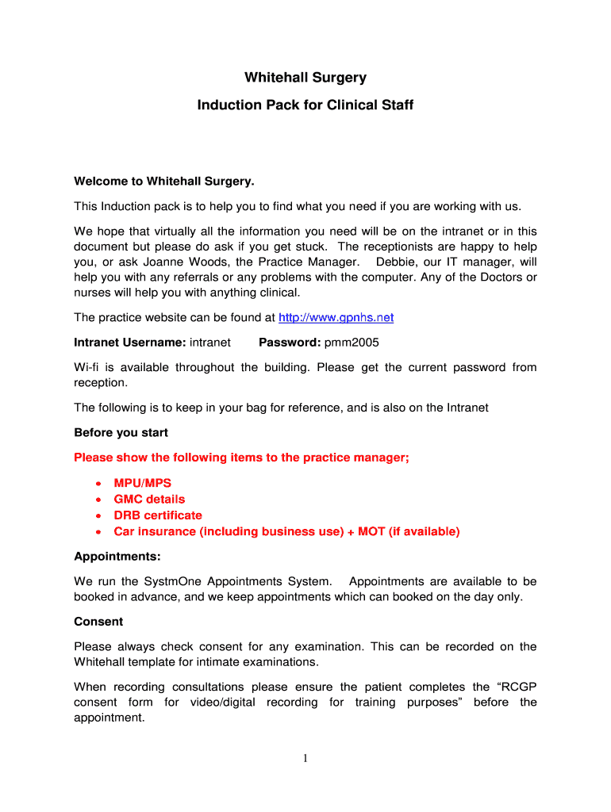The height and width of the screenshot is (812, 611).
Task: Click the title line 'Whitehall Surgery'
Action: coord(305,78)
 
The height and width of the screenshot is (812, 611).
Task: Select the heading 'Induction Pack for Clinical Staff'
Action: coord(305,105)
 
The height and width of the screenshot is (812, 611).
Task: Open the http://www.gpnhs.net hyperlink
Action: coord(336,318)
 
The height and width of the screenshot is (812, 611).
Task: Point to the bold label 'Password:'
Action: coord(290,343)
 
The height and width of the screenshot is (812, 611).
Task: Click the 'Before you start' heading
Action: coord(121,433)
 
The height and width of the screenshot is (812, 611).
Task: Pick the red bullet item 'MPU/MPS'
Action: coord(142,483)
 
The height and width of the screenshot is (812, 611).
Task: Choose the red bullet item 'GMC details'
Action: coord(149,499)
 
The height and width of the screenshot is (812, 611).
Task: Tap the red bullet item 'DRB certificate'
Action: coord(158,515)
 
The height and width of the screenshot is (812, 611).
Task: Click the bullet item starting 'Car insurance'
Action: coord(286,531)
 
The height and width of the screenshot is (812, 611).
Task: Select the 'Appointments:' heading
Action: coord(117,557)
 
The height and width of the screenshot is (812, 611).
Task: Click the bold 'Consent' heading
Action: coord(98,622)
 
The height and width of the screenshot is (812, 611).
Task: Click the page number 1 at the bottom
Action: coord(305,759)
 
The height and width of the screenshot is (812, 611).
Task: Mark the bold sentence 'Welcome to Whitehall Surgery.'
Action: coord(164,182)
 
